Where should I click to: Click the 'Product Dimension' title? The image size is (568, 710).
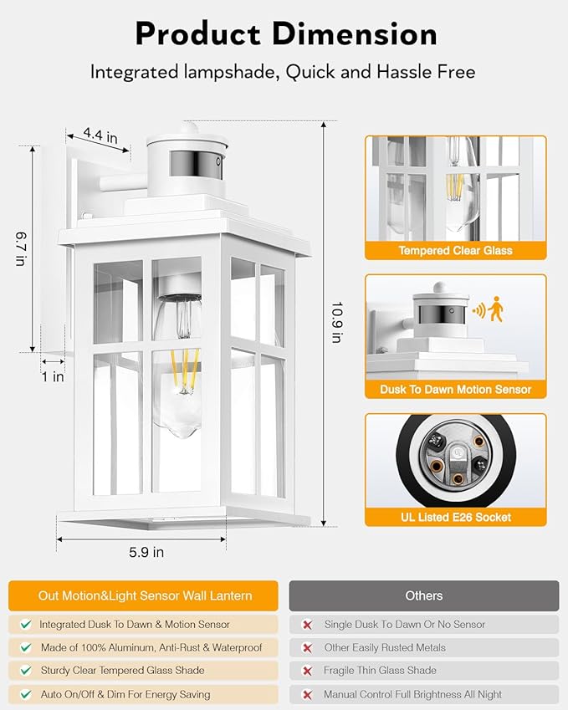coord(285,34)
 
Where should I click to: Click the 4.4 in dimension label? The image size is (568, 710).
coord(100,134)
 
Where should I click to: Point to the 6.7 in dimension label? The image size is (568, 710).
coord(19,248)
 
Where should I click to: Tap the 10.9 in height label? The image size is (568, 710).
coord(336,321)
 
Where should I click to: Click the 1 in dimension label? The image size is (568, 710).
coord(53,376)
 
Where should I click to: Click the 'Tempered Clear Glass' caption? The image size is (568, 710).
coord(455,250)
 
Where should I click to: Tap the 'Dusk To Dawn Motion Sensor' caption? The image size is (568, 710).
coord(455,389)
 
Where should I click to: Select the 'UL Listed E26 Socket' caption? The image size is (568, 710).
coord(455,517)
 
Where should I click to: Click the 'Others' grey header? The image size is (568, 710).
coord(423,595)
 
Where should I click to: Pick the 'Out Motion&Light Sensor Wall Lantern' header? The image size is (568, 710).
coord(145,595)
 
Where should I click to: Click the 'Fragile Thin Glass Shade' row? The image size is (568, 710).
coord(380,671)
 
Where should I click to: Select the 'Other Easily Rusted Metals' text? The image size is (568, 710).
coord(384,647)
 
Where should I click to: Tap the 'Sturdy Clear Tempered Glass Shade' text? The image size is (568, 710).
coord(122,671)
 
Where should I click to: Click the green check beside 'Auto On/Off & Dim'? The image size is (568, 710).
coord(26,694)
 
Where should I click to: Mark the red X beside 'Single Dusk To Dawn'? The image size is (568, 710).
coord(307,625)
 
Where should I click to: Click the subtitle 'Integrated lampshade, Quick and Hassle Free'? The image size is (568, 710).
coord(283,72)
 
